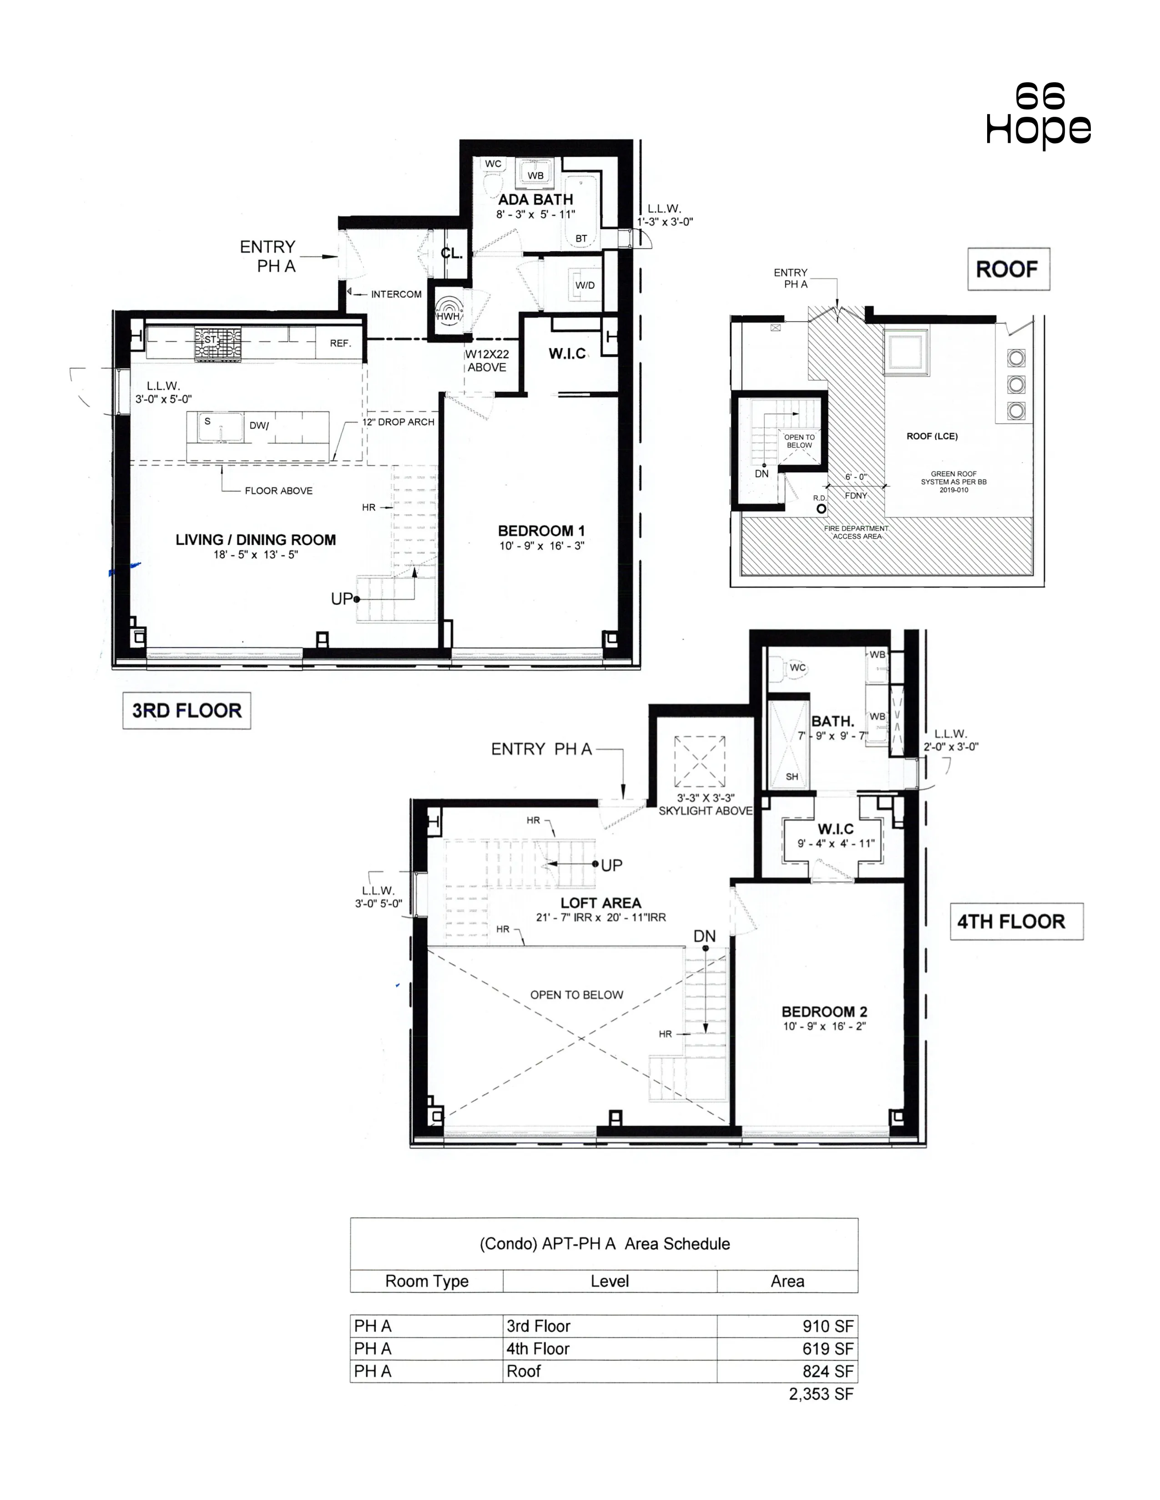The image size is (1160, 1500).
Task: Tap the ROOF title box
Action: tap(1008, 269)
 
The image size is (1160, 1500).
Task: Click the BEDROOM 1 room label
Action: tap(541, 531)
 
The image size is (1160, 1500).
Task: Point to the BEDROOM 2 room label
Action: tap(824, 1012)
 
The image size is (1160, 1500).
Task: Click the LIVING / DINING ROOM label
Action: tap(256, 540)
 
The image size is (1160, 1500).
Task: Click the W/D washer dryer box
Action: tap(584, 285)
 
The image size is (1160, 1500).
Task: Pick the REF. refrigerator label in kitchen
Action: tap(339, 343)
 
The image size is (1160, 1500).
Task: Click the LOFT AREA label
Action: tap(600, 903)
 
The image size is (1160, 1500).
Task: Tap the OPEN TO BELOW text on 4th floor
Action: tap(576, 995)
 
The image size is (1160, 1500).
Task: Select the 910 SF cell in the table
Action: tap(827, 1326)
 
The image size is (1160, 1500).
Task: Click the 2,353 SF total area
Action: tap(821, 1394)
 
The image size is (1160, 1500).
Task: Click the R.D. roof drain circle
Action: tap(821, 509)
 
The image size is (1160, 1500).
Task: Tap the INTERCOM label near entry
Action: tap(396, 294)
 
